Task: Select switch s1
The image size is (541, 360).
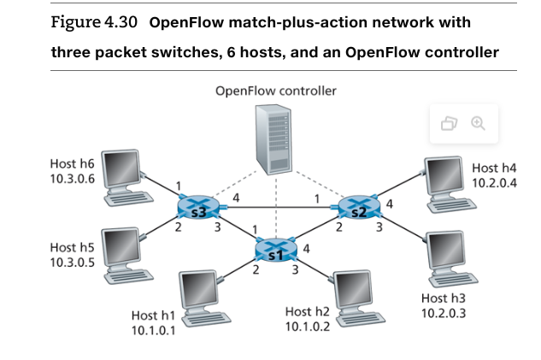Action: pos(275,251)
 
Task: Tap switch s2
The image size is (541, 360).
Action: pos(356,208)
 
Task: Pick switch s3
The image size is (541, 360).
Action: pos(199,208)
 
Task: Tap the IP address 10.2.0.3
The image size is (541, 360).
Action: pos(444,313)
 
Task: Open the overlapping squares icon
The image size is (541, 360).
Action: pos(450,124)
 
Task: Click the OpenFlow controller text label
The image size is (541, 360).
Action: pos(276,90)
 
